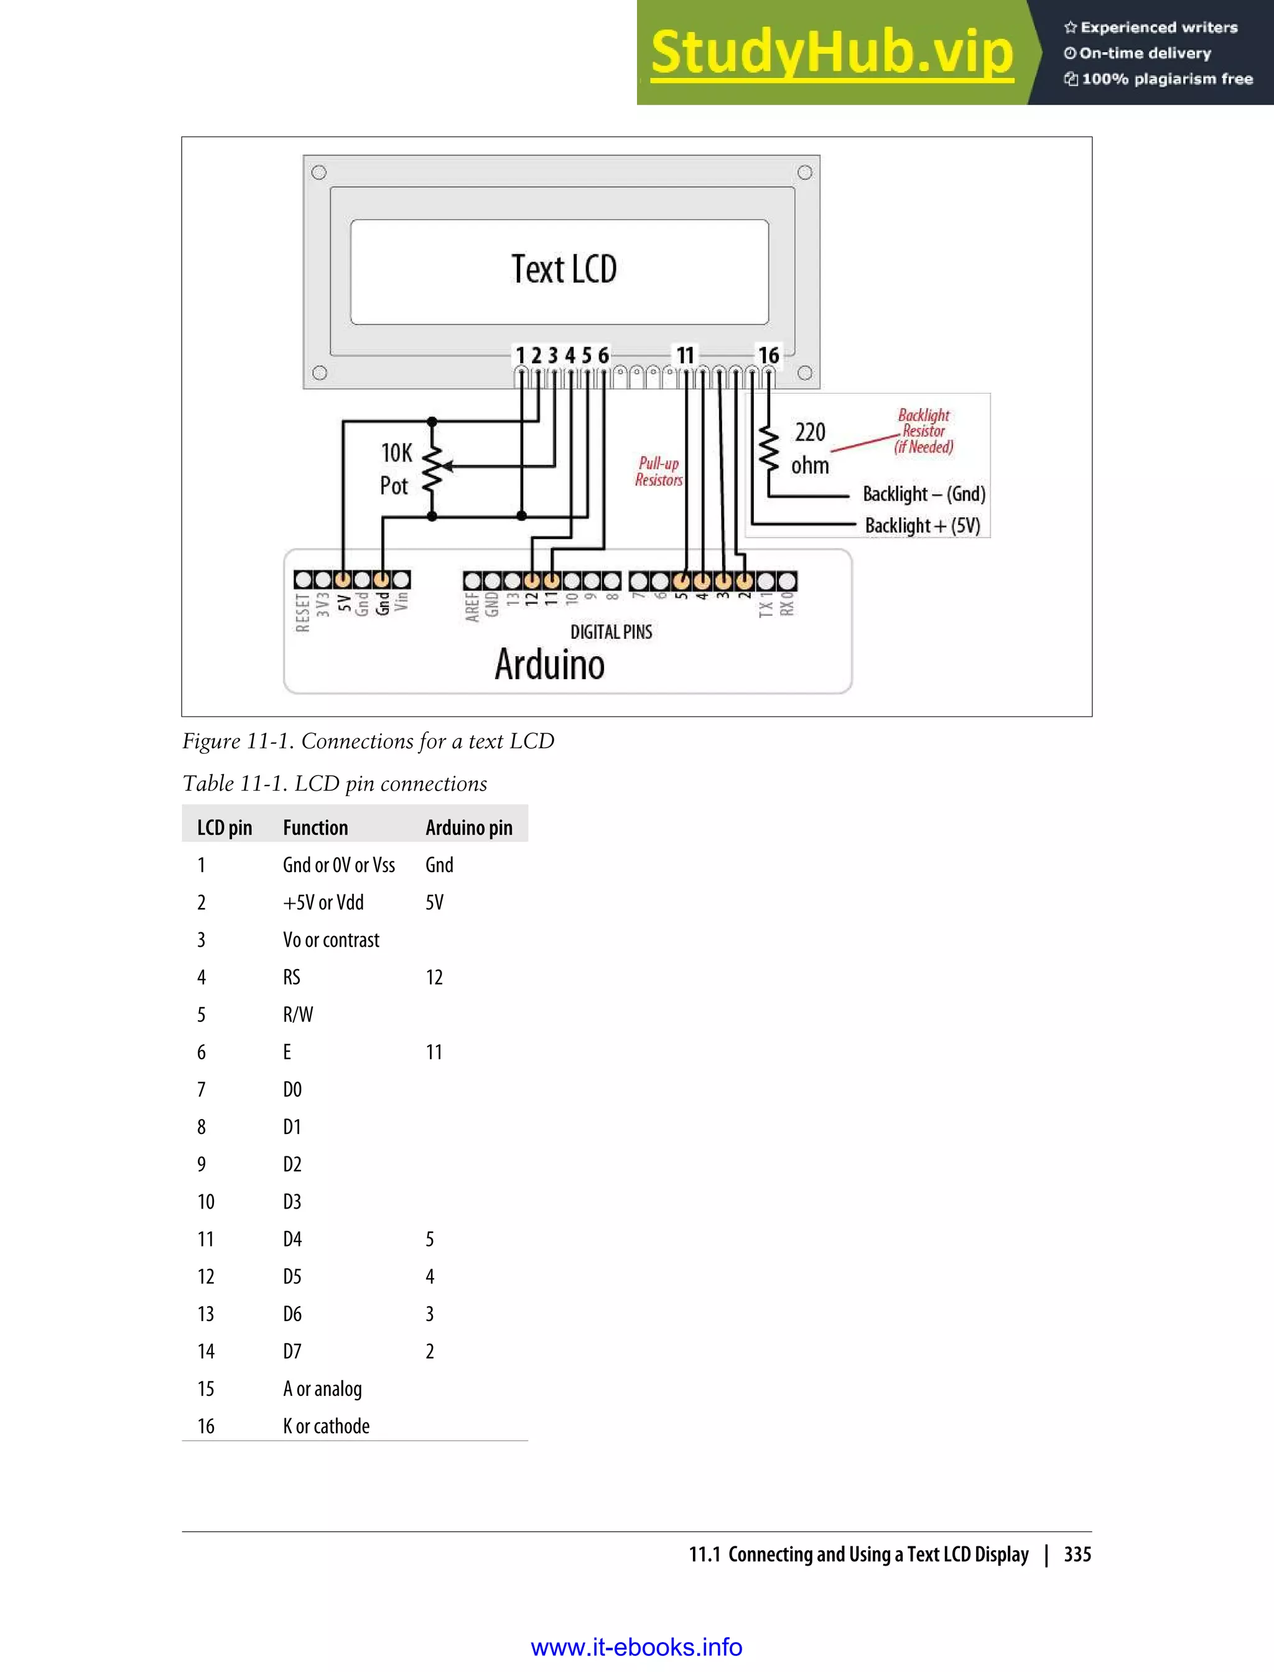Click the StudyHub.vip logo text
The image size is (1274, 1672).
click(831, 53)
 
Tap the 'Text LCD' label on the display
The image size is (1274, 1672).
click(564, 269)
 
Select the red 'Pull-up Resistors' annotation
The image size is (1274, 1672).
click(658, 471)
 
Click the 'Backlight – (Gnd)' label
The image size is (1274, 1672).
click(924, 495)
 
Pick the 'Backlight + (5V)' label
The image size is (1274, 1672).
click(922, 526)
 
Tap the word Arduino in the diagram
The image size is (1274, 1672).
click(550, 664)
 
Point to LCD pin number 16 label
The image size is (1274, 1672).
click(768, 355)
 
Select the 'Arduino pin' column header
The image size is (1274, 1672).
click(468, 827)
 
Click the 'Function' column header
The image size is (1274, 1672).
click(315, 827)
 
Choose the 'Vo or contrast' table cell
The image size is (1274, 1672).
click(331, 940)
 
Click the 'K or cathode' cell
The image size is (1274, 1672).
click(326, 1426)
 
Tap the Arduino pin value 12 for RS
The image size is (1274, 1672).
click(434, 977)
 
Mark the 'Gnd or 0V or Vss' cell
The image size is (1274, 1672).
click(338, 865)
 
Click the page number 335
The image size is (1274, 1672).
click(1077, 1554)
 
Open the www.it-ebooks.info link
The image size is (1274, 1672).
click(636, 1647)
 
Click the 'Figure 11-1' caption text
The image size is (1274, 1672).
click(368, 741)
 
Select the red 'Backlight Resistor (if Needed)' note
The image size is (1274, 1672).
click(924, 430)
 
